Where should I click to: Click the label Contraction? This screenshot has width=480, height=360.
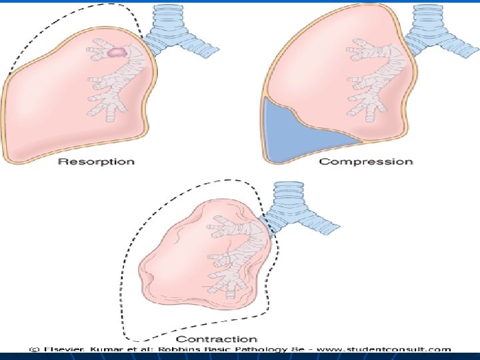(225, 339)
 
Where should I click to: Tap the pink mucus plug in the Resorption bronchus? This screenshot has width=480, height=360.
(117, 51)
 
